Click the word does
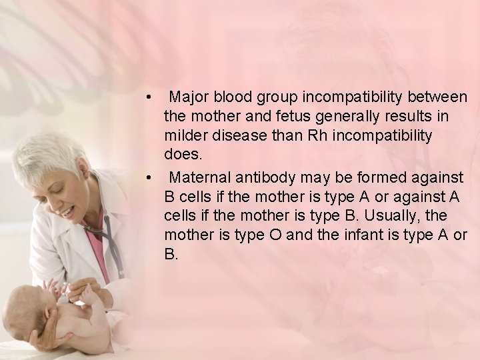point(179,155)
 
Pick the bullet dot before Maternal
point(153,178)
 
